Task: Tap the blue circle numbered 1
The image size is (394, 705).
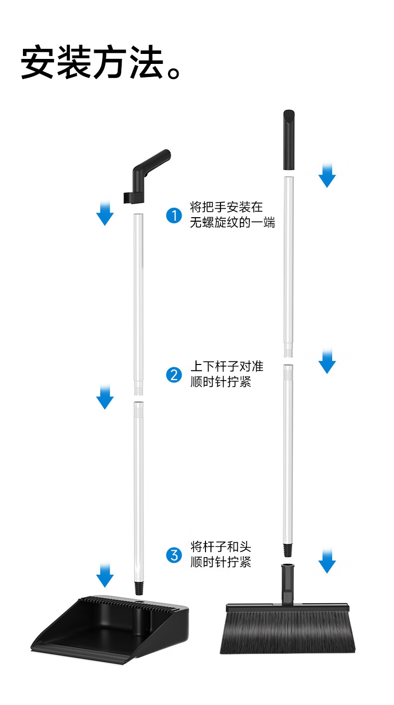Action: [174, 216]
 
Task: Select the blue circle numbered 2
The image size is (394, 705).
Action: [174, 374]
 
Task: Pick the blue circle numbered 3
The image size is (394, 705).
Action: [174, 555]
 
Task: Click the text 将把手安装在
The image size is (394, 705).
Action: [226, 207]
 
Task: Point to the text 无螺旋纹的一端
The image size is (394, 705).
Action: [232, 223]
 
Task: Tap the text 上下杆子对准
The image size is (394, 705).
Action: [226, 366]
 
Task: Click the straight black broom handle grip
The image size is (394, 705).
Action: [289, 140]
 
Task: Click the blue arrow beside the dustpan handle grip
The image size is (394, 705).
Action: [105, 213]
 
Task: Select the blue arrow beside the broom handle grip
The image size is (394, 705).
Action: [327, 175]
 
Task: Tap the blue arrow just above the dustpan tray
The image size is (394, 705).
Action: [105, 575]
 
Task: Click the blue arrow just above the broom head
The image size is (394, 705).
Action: [327, 561]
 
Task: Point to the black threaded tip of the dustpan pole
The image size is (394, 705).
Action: [139, 588]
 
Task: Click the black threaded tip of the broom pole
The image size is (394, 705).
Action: [288, 549]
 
